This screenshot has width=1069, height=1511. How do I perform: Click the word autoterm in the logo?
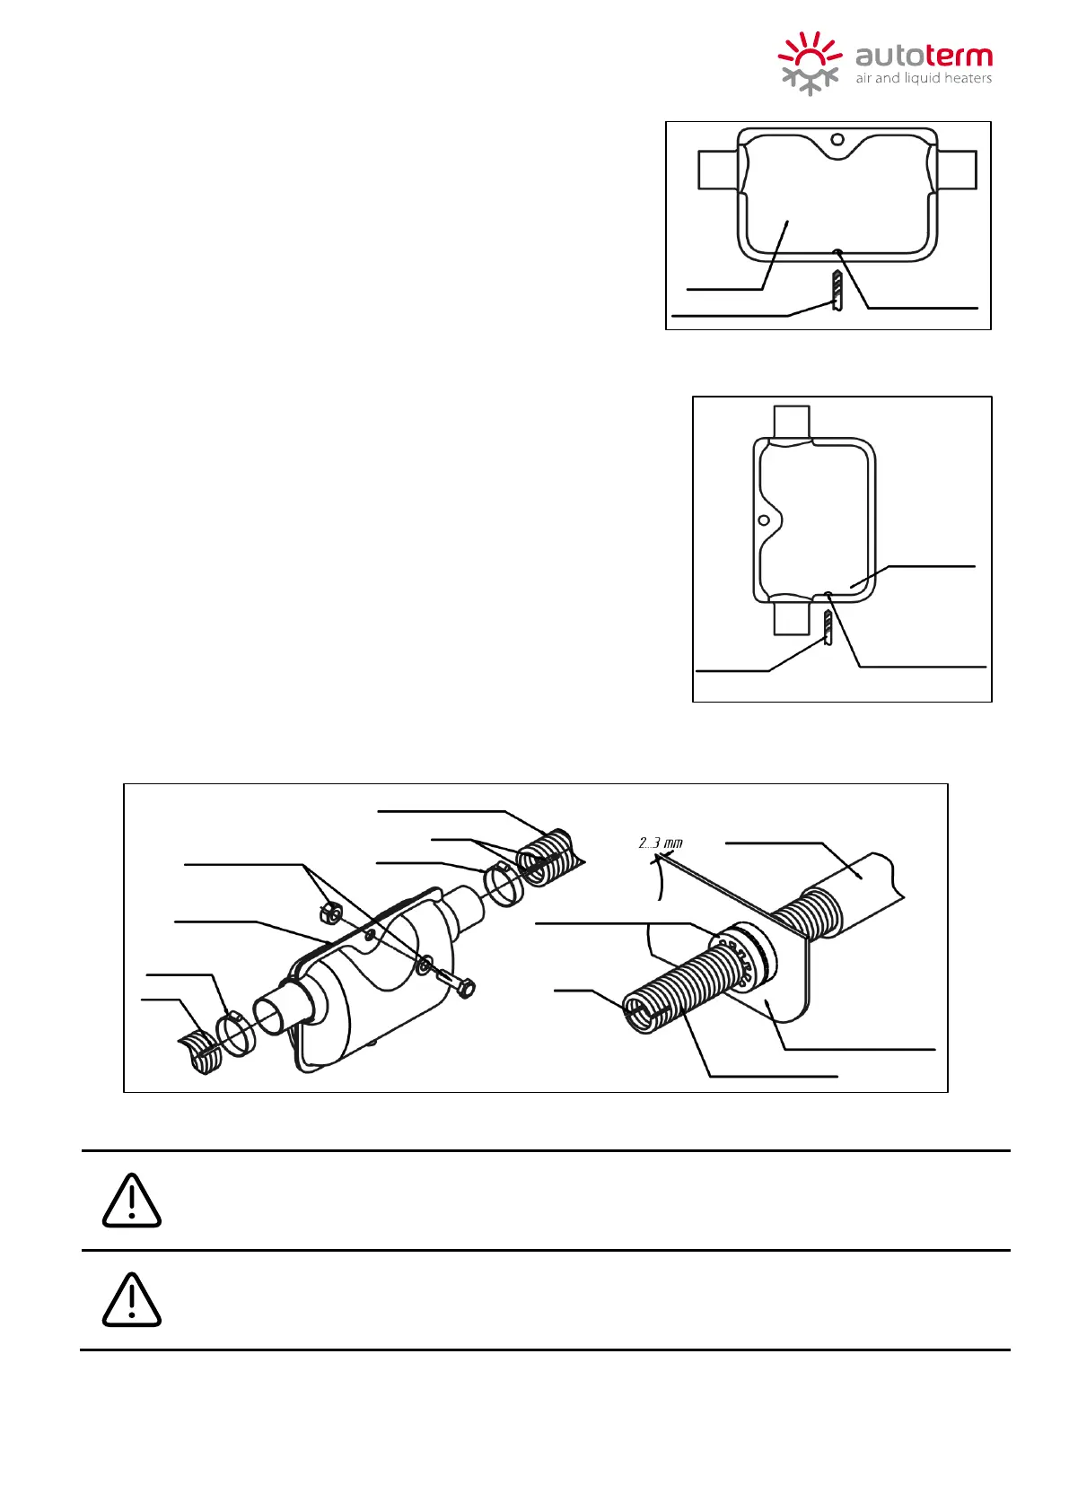coord(924,57)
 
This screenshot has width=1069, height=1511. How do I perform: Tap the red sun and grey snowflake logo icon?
coord(810,63)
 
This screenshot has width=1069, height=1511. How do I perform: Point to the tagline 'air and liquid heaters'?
coord(924,79)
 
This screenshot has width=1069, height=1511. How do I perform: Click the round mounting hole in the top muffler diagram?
coord(837,139)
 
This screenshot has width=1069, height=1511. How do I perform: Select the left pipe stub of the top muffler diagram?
coord(717,170)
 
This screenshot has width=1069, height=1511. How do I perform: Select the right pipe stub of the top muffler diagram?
coord(958,170)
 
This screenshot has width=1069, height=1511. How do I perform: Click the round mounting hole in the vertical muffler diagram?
coord(764,520)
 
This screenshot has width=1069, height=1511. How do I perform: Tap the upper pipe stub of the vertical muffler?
coord(792,421)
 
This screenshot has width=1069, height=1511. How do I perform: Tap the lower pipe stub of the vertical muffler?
coord(792,616)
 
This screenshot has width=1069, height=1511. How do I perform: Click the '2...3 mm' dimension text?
coord(661,843)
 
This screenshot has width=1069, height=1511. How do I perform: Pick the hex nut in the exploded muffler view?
coord(330,913)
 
